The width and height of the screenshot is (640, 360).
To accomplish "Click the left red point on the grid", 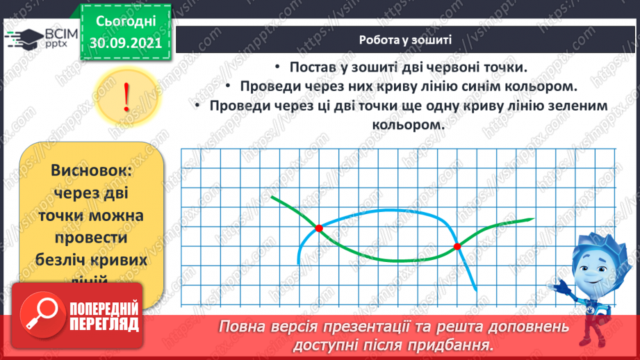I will (319, 228).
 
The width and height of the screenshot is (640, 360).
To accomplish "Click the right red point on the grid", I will (457, 246).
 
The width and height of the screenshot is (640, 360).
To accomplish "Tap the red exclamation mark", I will (126, 98).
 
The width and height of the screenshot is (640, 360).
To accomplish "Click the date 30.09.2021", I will (126, 42).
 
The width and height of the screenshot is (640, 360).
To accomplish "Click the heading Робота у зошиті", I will (406, 40).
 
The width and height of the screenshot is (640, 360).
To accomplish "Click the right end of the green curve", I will (532, 219).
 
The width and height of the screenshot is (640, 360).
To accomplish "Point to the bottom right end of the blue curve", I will (475, 289).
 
